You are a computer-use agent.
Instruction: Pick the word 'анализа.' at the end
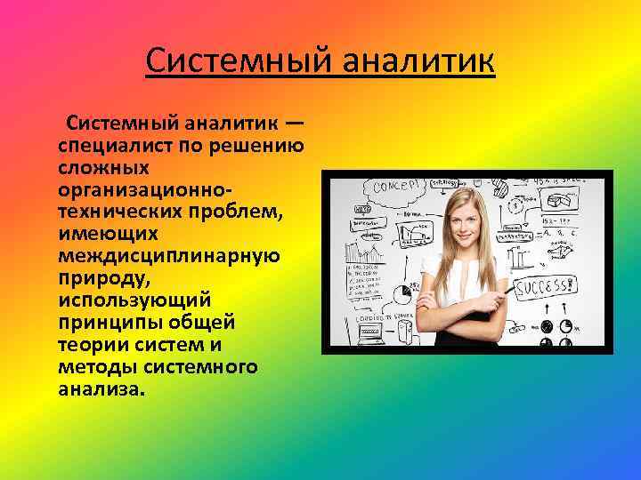tap(98, 389)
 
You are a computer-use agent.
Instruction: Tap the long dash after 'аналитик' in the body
tap(297, 122)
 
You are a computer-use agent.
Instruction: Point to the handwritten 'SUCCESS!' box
tap(548, 287)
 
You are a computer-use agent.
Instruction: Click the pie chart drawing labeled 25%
tap(410, 289)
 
